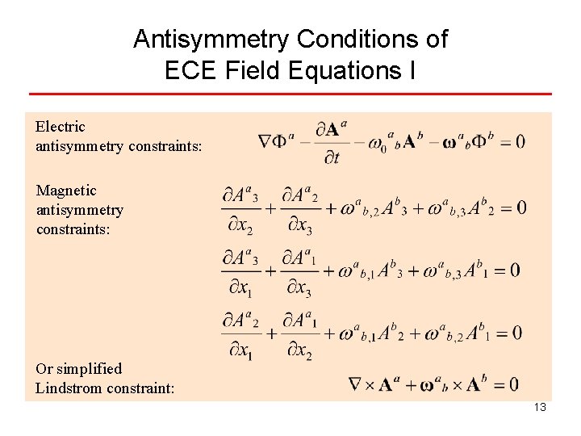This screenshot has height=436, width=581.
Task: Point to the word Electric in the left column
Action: (60, 127)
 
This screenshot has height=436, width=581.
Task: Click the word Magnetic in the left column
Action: (66, 191)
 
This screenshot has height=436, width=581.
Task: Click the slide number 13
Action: (540, 407)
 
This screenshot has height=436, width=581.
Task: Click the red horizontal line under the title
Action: (290, 94)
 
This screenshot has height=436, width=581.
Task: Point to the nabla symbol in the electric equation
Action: (265, 141)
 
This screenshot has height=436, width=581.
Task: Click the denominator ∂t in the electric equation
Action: (331, 157)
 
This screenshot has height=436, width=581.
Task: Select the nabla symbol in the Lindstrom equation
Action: (356, 384)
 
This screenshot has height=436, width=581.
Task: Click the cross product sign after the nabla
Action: (372, 384)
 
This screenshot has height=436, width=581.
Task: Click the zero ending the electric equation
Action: (520, 141)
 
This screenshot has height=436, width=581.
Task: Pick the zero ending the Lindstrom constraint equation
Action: (513, 384)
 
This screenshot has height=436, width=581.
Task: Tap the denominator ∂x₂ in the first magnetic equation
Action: (239, 227)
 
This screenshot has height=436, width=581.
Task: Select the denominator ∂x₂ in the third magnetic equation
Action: (299, 351)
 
